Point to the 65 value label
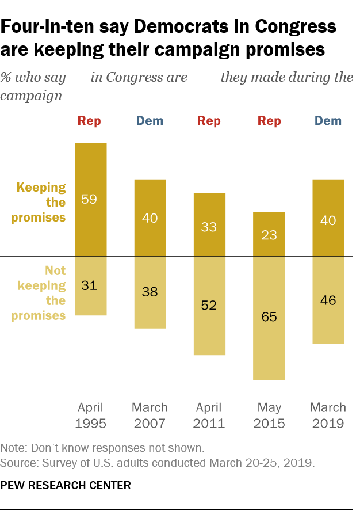click(x=269, y=316)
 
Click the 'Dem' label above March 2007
click(x=150, y=121)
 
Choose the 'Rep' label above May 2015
click(x=269, y=121)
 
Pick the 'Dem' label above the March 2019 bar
click(x=328, y=121)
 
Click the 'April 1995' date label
click(x=91, y=415)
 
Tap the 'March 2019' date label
click(x=328, y=415)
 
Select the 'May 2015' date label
click(x=269, y=415)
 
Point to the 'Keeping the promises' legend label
click(x=41, y=203)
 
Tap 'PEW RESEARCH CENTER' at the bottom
click(x=66, y=486)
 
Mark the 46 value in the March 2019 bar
click(x=328, y=299)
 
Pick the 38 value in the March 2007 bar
click(x=150, y=291)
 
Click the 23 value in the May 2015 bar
click(x=269, y=235)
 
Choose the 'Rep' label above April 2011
click(x=209, y=121)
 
